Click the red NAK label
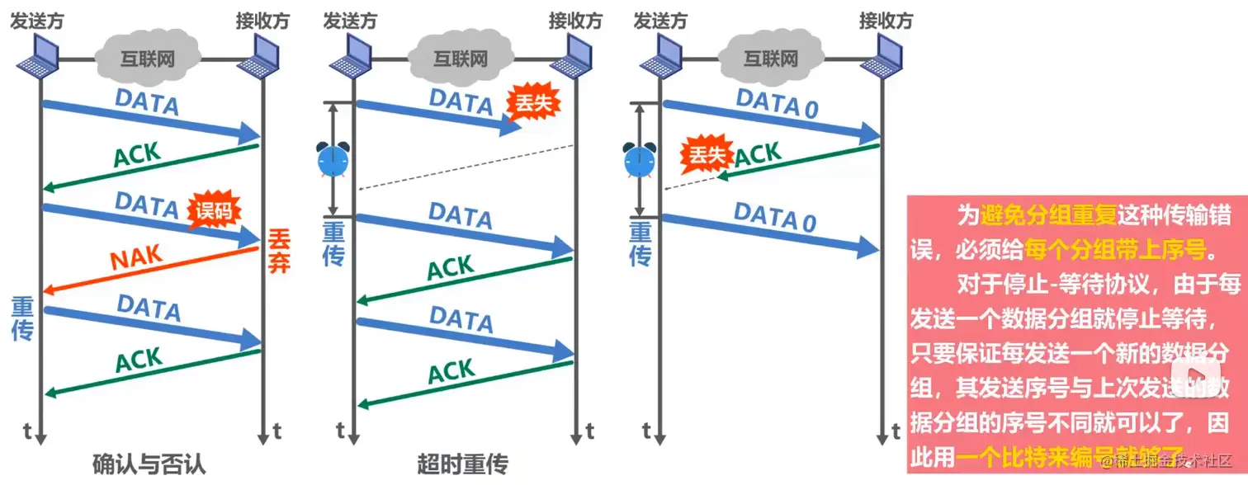click(137, 258)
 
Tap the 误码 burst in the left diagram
click(214, 210)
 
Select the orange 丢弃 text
click(278, 252)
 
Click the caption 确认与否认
click(149, 464)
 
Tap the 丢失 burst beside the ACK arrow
click(703, 156)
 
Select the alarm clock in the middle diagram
click(333, 159)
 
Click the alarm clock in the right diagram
click(641, 159)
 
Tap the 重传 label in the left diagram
click(22, 318)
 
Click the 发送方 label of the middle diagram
click(350, 20)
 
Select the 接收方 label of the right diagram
click(886, 20)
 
